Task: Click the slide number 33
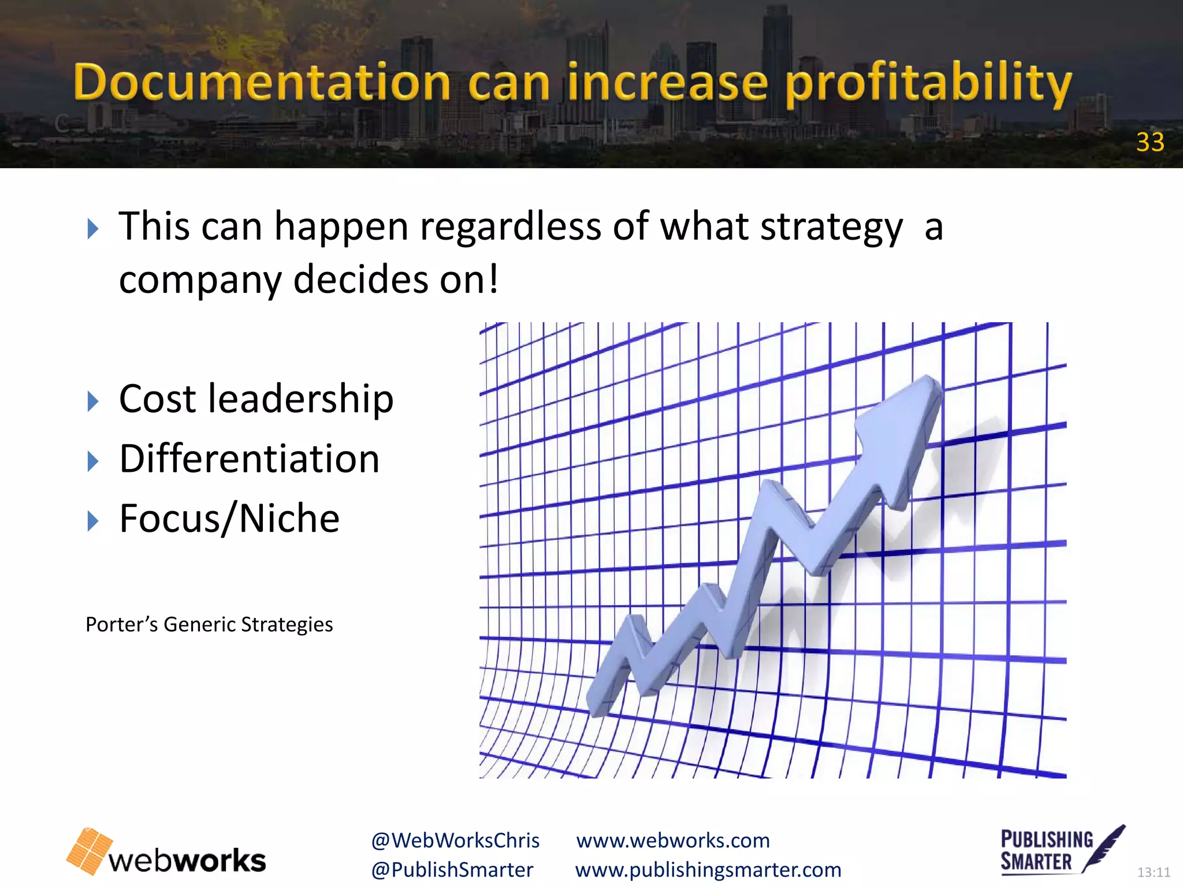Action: pyautogui.click(x=1149, y=142)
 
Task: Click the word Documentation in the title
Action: pyautogui.click(x=262, y=83)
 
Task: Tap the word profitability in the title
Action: pyautogui.click(x=928, y=84)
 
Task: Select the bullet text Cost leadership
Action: pyautogui.click(x=256, y=399)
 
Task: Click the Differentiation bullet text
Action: pyautogui.click(x=249, y=459)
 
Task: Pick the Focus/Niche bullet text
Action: pyautogui.click(x=229, y=519)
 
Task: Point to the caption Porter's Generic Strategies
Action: pyautogui.click(x=209, y=625)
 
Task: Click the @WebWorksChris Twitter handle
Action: pyautogui.click(x=455, y=841)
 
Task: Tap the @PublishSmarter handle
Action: pyautogui.click(x=452, y=870)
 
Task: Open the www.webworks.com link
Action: pyautogui.click(x=673, y=841)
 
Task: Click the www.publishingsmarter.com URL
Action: pyautogui.click(x=708, y=870)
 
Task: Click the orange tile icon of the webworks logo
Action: pyautogui.click(x=89, y=851)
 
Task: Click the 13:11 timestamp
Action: pyautogui.click(x=1153, y=873)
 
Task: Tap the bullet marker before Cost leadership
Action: pyautogui.click(x=93, y=401)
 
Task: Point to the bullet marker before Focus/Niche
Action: pyautogui.click(x=93, y=521)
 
